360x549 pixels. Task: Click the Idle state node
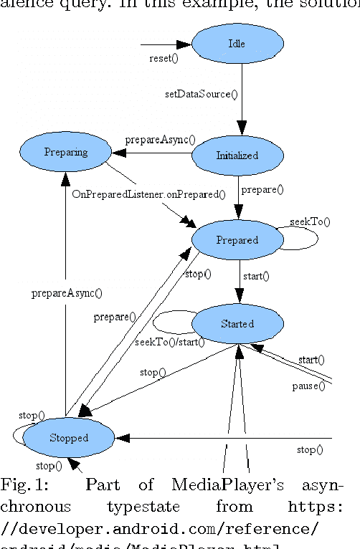[x=236, y=44]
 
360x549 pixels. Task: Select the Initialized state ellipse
[x=237, y=155]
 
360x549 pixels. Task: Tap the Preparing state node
[x=65, y=152]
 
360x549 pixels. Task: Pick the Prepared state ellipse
[x=237, y=240]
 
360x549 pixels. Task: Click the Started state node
[x=237, y=323]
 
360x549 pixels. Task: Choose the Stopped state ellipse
[x=69, y=437]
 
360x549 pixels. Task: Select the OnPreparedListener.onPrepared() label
[x=148, y=194]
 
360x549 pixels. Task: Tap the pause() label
[x=308, y=386]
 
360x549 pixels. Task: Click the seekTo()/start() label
[x=170, y=342]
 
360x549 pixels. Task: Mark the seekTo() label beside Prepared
[x=310, y=221]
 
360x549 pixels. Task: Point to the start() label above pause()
[x=311, y=359]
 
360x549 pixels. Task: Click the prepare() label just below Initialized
[x=262, y=190]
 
